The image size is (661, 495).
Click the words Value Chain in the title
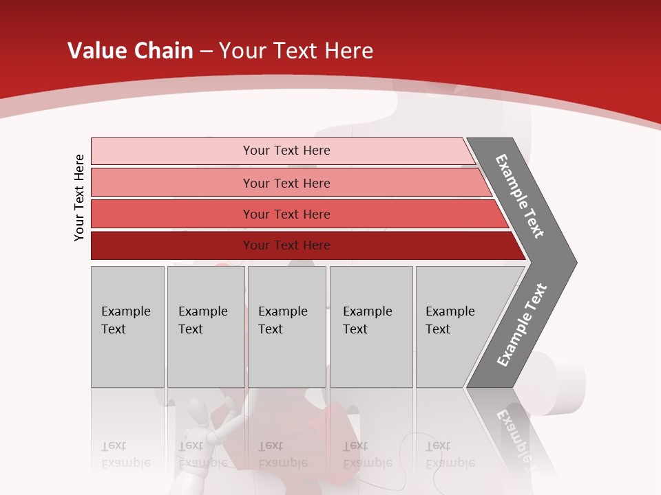tap(130, 51)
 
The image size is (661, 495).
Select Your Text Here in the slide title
tap(296, 51)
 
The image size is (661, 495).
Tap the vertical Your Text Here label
tap(79, 197)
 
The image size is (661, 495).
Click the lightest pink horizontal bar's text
tap(286, 151)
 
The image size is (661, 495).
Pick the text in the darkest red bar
tap(286, 245)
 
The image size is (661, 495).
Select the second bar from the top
tap(286, 183)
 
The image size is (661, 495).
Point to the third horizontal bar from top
tap(286, 214)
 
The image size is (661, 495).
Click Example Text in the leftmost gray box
tap(125, 320)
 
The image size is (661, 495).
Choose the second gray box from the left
tap(204, 327)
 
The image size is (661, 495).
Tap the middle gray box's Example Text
tap(282, 320)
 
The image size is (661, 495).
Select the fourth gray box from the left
tap(370, 327)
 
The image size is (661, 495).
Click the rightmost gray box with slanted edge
tap(454, 327)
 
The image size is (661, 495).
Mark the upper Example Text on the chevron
tap(520, 196)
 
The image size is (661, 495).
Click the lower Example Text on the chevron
tap(522, 324)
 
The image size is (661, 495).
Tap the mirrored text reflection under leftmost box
tap(125, 454)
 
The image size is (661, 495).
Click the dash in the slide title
tap(206, 52)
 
